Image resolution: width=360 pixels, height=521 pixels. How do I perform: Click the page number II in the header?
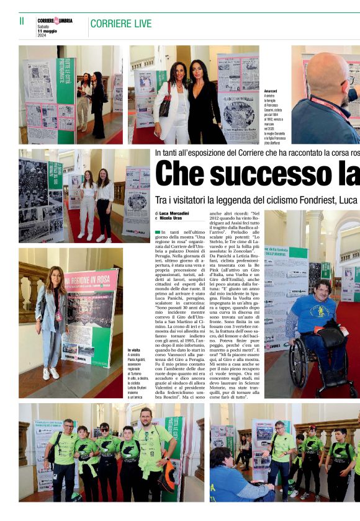coord(22,21)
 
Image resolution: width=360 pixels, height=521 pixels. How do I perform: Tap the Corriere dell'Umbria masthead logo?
coord(55,20)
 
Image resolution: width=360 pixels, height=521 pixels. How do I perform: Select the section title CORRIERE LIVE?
coord(120,24)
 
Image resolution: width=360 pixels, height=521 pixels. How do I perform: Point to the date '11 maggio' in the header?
coord(47,31)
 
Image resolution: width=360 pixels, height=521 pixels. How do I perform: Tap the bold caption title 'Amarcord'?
coord(271,91)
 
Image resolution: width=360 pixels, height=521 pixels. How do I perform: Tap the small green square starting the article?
coord(158,232)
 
